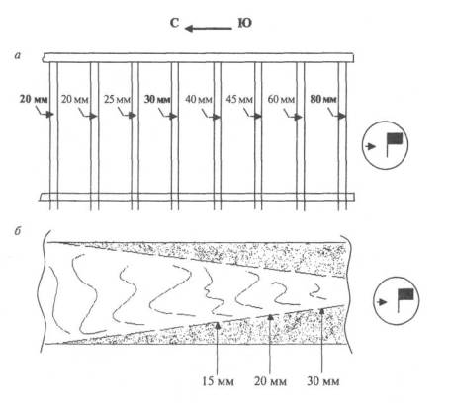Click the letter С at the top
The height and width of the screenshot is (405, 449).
(x=174, y=23)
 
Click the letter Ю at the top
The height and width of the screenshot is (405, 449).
(x=245, y=23)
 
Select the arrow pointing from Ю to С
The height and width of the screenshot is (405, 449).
(x=209, y=29)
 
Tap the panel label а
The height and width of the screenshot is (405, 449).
(x=18, y=56)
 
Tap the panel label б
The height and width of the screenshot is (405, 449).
(x=18, y=231)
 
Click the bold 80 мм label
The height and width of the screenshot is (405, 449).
(x=323, y=99)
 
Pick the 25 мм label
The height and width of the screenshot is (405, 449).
(x=118, y=99)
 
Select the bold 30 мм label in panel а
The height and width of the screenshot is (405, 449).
(x=157, y=99)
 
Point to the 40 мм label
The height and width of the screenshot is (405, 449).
(x=199, y=99)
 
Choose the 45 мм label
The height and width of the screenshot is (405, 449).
(x=239, y=99)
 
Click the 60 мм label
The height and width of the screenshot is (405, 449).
(x=281, y=99)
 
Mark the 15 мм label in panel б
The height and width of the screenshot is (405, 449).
(x=218, y=381)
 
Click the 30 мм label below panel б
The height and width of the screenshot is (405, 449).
(x=323, y=381)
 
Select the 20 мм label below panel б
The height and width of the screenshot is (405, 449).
(x=270, y=381)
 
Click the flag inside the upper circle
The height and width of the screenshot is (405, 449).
(x=394, y=145)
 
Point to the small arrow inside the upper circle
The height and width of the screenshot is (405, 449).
(x=371, y=146)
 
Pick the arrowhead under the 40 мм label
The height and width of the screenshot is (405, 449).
(x=216, y=117)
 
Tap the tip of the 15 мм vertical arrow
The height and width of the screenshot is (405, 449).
(x=218, y=322)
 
